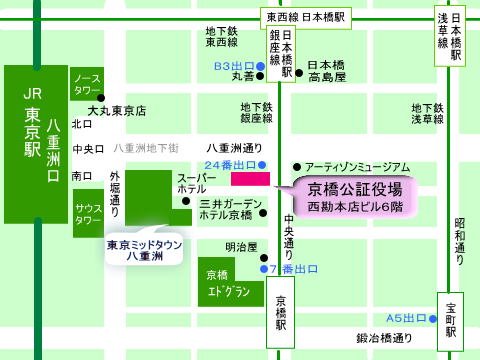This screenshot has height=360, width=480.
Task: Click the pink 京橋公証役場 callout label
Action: click(x=354, y=195)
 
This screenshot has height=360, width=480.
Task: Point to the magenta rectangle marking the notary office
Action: click(x=250, y=178)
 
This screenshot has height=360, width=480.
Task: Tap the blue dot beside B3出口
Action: click(x=260, y=66)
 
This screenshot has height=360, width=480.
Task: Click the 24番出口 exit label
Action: click(x=228, y=163)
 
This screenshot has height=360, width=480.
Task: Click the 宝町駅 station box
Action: click(x=451, y=316)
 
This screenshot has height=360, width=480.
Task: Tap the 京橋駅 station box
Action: click(x=280, y=312)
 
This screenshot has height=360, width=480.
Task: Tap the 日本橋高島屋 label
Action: click(x=326, y=69)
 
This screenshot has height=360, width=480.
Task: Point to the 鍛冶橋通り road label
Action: click(x=386, y=339)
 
